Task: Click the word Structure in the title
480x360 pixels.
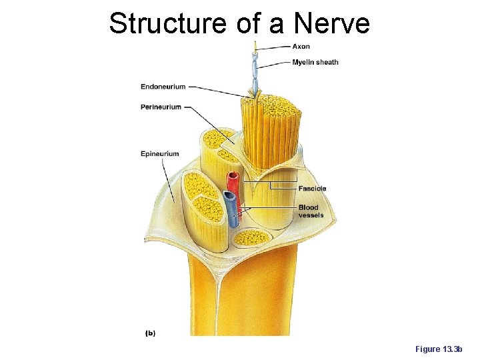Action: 169,23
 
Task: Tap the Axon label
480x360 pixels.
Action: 301,46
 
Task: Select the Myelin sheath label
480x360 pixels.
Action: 315,62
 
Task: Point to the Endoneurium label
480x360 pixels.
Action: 163,86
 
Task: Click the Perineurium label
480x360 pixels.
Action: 161,107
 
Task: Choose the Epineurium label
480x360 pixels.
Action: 159,154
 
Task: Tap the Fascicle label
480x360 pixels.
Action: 312,188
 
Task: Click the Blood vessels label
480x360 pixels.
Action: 311,211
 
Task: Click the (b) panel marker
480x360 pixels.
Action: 151,333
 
